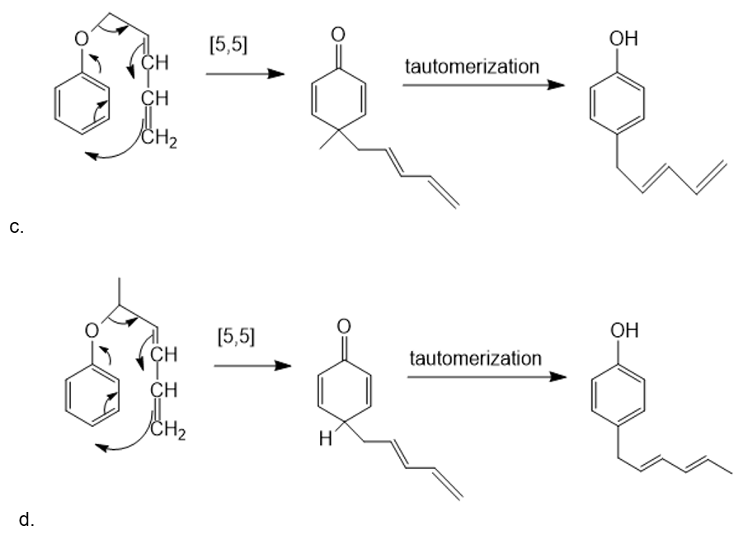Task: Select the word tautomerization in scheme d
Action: click(x=475, y=358)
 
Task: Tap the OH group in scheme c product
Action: click(x=623, y=36)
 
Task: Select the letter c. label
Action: click(x=16, y=228)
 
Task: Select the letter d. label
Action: click(x=25, y=519)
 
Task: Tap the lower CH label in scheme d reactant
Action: click(x=162, y=391)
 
